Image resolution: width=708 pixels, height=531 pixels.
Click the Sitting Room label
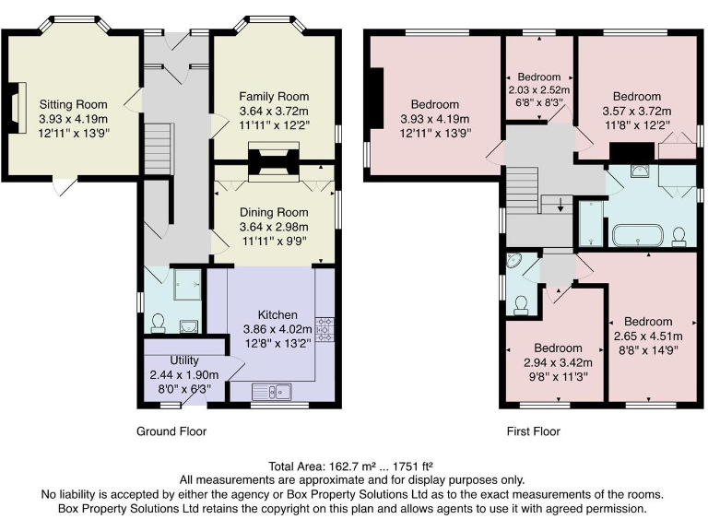click(x=73, y=104)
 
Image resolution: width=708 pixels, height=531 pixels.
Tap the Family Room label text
click(x=274, y=96)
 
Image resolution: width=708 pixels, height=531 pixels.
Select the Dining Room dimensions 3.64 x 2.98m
click(x=274, y=227)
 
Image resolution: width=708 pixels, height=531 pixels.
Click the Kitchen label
click(x=277, y=314)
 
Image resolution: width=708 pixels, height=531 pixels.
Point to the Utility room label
click(x=184, y=360)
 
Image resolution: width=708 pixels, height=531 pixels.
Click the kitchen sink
click(x=271, y=392)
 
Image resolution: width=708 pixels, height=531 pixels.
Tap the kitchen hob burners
click(x=324, y=329)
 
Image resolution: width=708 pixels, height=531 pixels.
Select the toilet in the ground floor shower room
click(x=158, y=324)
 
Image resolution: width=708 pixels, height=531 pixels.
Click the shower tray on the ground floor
click(x=187, y=285)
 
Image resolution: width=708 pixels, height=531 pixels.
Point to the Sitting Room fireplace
click(x=17, y=108)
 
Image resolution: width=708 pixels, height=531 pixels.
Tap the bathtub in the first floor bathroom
click(x=637, y=235)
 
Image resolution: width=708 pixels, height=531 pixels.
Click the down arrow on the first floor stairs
click(x=560, y=205)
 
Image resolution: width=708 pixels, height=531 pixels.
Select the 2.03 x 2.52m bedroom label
click(x=539, y=89)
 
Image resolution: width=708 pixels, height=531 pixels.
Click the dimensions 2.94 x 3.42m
click(x=558, y=362)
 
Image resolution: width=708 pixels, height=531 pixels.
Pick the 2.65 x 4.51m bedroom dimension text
click(x=648, y=336)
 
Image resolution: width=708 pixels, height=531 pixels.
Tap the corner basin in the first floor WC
click(x=514, y=260)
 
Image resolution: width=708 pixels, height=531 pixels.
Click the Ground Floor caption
click(x=171, y=431)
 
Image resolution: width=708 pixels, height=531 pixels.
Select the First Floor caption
click(x=533, y=431)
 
